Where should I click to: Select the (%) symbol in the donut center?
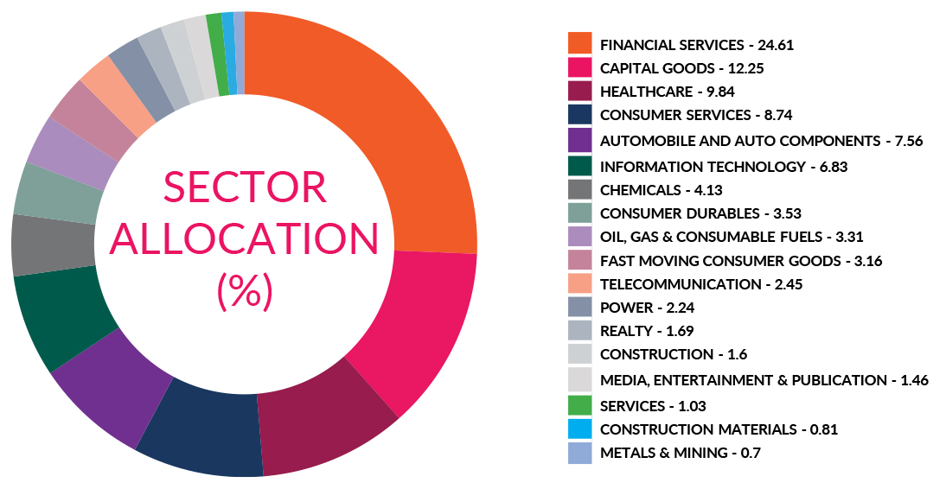(245, 291)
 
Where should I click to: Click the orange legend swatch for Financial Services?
(579, 44)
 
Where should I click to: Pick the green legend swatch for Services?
(579, 405)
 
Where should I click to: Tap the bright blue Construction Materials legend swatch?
(579, 429)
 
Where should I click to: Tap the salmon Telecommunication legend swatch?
(579, 284)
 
